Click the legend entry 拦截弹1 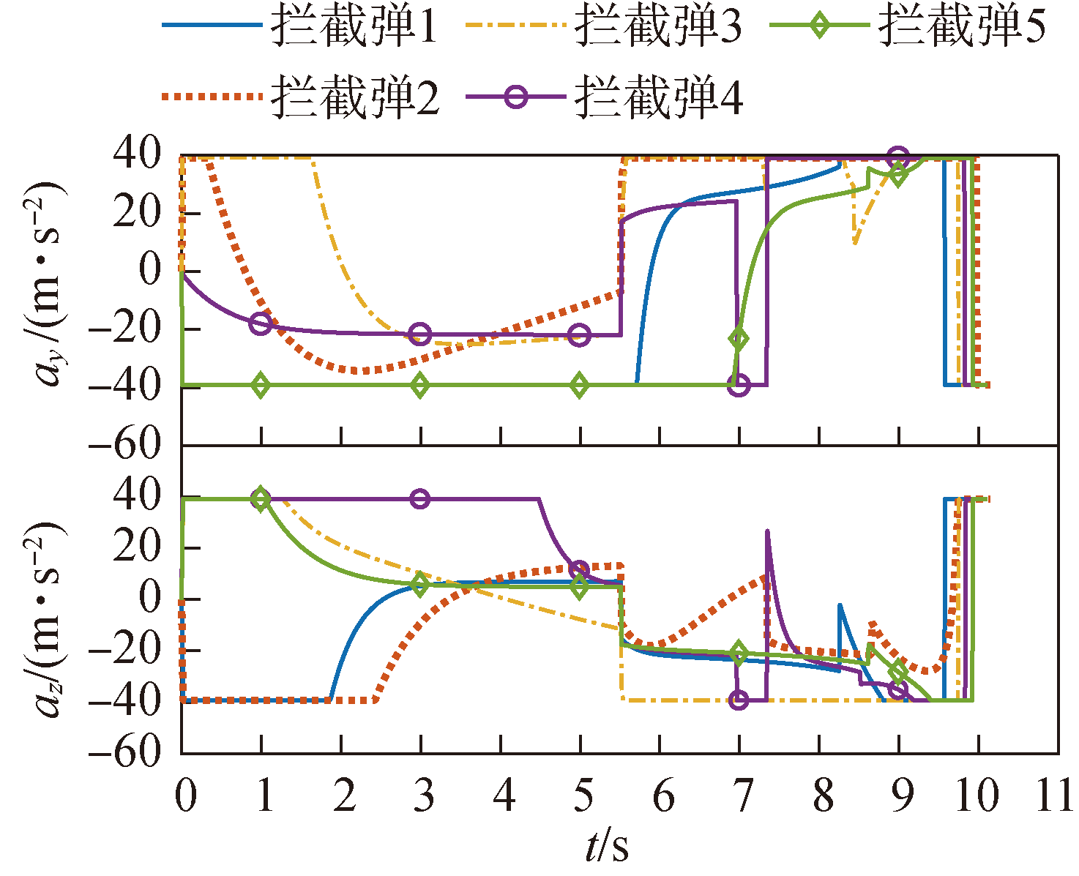354,28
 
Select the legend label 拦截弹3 658,28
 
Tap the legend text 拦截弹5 962,28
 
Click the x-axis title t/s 606,847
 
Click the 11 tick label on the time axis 1055,795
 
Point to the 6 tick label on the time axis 662,795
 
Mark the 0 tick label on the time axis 186,795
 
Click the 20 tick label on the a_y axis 136,214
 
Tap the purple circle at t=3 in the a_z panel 420,499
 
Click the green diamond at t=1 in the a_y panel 261,385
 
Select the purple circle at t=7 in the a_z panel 739,700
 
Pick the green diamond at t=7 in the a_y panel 739,338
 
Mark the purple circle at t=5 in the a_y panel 580,335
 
